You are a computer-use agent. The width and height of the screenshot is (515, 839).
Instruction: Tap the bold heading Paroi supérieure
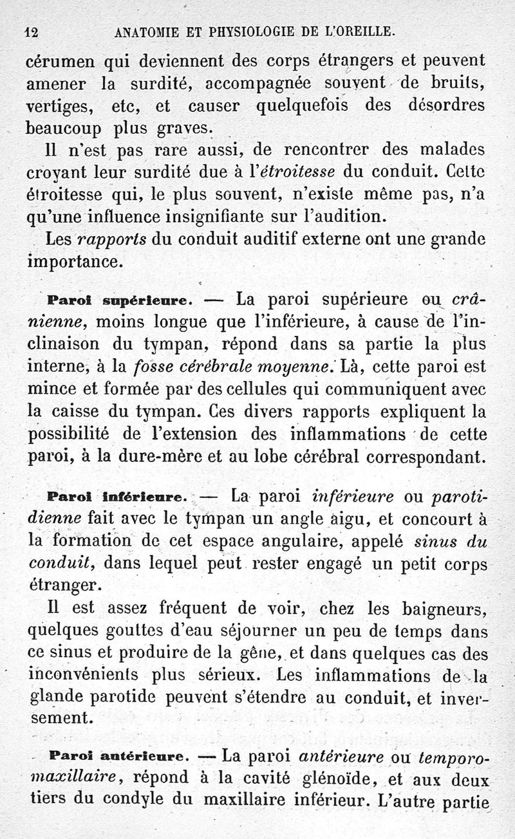[x=117, y=300]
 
